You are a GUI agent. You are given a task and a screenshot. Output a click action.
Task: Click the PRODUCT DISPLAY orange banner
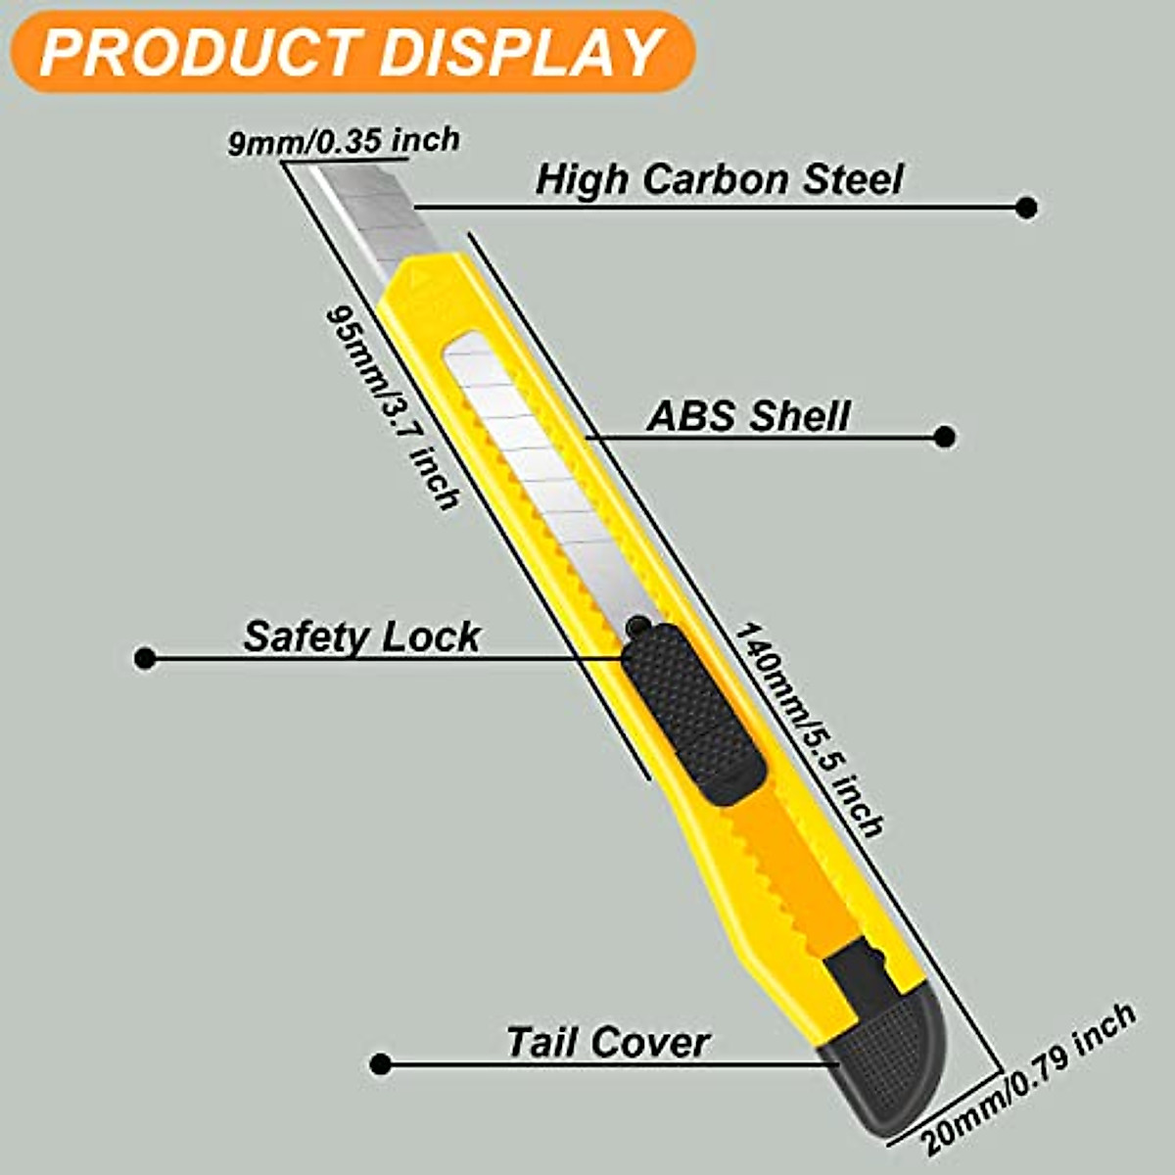pos(352,51)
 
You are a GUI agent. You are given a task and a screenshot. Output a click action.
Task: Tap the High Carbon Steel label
pos(720,179)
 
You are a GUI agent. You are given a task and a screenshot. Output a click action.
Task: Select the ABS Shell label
pos(748,415)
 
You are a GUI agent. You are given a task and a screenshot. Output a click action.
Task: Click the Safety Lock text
pos(361,636)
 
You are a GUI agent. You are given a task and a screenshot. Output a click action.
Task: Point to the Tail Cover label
pos(607,1042)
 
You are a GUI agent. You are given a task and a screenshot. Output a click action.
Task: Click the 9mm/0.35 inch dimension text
pos(344,142)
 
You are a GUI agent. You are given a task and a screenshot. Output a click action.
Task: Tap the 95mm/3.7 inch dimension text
pos(392,406)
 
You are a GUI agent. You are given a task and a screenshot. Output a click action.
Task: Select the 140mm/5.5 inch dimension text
pos(809,729)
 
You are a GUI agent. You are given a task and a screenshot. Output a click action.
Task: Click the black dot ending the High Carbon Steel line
pos(1026,207)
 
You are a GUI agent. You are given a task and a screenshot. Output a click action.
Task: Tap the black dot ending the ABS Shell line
pos(944,437)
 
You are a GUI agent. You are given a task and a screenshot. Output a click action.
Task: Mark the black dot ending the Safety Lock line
pos(145,658)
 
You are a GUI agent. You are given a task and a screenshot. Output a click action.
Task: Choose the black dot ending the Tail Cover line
pos(382,1064)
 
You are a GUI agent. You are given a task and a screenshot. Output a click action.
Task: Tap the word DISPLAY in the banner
pos(520,52)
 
